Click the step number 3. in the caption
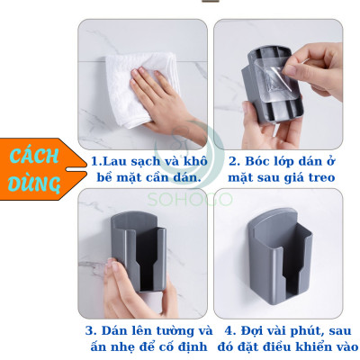(x=90, y=330)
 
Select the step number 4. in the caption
(x=229, y=330)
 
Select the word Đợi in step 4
(x=252, y=330)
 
